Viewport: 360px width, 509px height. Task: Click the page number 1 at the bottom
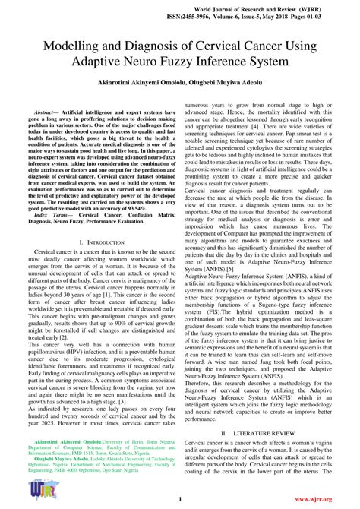179,499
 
